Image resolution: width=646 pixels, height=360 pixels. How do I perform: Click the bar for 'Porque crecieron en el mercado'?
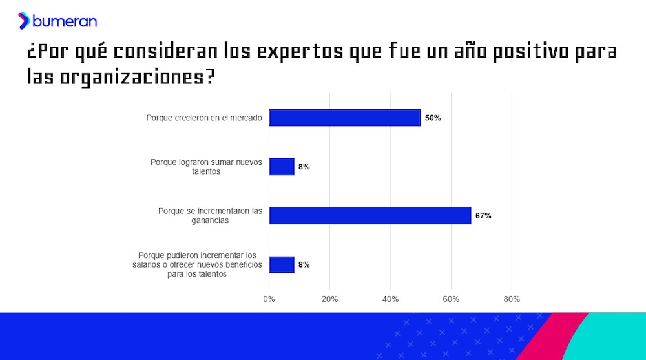[345, 118]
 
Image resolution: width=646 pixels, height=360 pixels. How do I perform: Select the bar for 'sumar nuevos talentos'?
[282, 167]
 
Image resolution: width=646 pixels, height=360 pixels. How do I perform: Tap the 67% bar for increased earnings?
[370, 216]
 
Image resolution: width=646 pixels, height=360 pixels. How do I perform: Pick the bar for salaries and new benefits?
[282, 265]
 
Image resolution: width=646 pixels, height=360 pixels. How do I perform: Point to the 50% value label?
[433, 118]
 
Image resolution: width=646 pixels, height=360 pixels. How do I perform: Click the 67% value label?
[483, 216]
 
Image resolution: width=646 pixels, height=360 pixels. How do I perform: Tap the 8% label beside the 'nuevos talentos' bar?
[304, 167]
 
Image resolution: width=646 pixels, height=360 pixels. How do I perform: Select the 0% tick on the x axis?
[269, 299]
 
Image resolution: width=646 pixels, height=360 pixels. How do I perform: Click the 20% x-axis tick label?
[329, 299]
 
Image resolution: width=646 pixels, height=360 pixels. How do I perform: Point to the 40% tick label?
[390, 299]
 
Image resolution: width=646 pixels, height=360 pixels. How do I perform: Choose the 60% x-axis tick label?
[451, 299]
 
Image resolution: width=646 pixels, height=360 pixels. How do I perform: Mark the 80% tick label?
[512, 299]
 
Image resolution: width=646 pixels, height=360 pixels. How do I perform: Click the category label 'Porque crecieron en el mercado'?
[204, 118]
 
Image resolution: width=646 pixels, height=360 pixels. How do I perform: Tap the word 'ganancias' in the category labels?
[210, 220]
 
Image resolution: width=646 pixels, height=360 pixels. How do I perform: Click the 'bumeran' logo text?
[65, 21]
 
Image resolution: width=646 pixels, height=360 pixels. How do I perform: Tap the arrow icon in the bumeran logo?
[24, 21]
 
